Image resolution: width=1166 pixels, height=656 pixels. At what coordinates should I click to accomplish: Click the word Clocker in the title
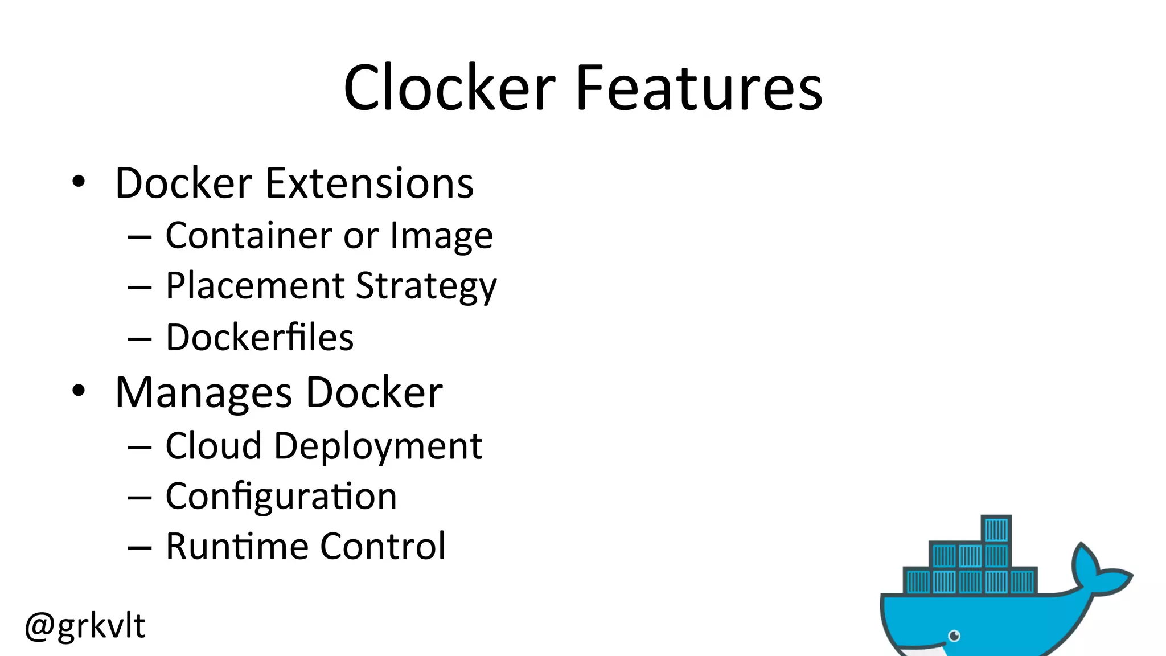pyautogui.click(x=450, y=88)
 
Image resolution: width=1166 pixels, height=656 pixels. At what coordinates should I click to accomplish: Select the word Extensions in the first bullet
pyautogui.click(x=369, y=183)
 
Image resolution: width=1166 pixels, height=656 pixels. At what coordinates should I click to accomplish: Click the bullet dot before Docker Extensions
pyautogui.click(x=79, y=182)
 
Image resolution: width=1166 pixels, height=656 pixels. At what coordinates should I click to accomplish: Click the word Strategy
pyautogui.click(x=426, y=286)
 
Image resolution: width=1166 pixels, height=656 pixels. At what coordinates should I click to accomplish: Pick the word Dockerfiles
pyautogui.click(x=260, y=337)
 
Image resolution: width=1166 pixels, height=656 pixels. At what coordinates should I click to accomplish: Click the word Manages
pyautogui.click(x=204, y=393)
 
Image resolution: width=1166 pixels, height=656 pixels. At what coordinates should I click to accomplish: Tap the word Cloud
pyautogui.click(x=214, y=445)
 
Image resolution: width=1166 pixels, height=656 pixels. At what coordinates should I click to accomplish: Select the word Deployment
pyautogui.click(x=378, y=446)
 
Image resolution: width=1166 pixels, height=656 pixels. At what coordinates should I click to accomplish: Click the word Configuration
pyautogui.click(x=281, y=497)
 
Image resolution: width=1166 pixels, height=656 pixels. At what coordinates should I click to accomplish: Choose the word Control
pyautogui.click(x=383, y=547)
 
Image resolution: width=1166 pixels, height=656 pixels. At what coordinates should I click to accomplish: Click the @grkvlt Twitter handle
pyautogui.click(x=85, y=626)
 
